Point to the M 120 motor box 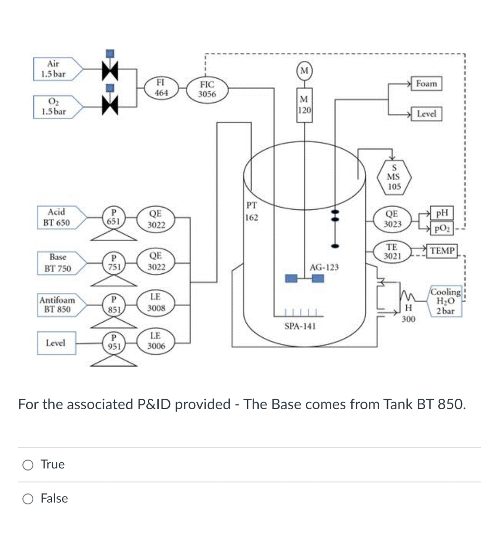coord(304,106)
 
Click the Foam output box coord(427,83)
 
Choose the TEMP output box coord(443,251)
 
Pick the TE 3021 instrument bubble coord(392,252)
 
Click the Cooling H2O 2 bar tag coord(445,301)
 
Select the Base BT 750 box coord(57,263)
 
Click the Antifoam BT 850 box coord(57,304)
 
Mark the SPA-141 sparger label coord(300,326)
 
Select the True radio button coord(29,465)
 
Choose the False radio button coord(29,499)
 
